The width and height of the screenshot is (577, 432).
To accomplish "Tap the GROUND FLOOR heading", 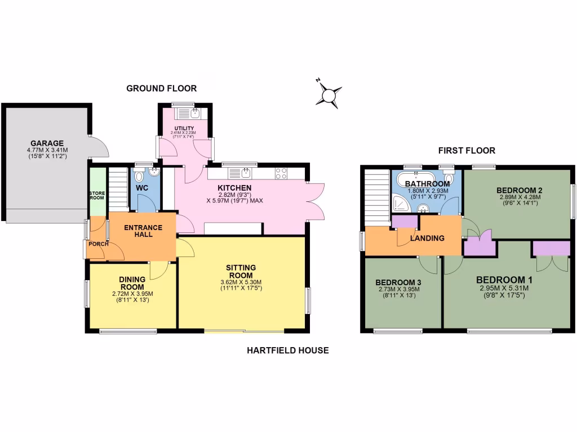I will pyautogui.click(x=161, y=88).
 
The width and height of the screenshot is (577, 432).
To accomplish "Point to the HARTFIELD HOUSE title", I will pyautogui.click(x=287, y=350).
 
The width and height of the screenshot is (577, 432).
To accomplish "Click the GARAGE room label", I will pyautogui.click(x=47, y=143).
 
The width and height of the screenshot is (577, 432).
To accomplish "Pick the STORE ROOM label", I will pyautogui.click(x=97, y=195).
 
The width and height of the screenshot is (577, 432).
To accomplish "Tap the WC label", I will pyautogui.click(x=142, y=187).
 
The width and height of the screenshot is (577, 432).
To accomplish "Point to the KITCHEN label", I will pyautogui.click(x=234, y=188).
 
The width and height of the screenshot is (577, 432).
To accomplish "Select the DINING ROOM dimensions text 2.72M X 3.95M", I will pyautogui.click(x=132, y=294).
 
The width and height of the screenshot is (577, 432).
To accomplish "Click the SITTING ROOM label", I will pyautogui.click(x=241, y=272).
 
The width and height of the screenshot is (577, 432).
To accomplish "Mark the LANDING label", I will pyautogui.click(x=427, y=238).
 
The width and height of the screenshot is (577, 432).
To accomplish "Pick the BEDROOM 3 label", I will pyautogui.click(x=399, y=282).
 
